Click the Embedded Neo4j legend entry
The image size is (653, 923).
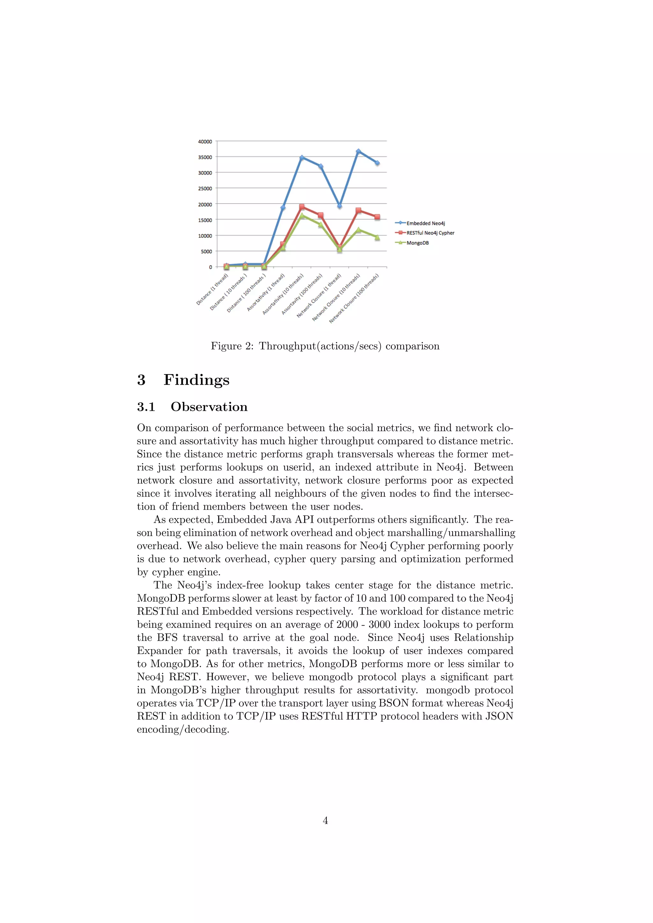pos(425,223)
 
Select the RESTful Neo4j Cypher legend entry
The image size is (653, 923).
pos(430,233)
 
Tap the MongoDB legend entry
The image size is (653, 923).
pos(417,243)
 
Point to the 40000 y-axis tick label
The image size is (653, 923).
pos(205,142)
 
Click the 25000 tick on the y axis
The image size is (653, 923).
pos(205,189)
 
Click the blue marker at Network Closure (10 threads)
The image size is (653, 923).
pos(358,152)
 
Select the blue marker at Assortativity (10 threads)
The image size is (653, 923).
pos(302,157)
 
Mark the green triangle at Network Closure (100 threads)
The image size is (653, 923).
pos(377,237)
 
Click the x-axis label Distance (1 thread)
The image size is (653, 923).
pos(212,289)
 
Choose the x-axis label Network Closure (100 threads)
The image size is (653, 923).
pos(354,299)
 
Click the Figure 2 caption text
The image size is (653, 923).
pos(325,346)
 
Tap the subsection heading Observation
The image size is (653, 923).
pos(209,407)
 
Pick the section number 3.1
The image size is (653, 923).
pos(146,407)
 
